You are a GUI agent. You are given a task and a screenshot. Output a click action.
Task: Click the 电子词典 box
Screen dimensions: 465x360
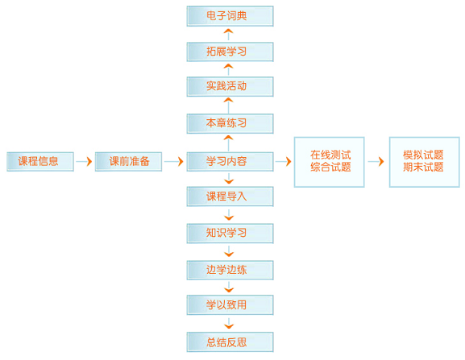pyautogui.click(x=230, y=16)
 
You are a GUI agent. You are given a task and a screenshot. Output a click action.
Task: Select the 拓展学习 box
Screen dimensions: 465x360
pyautogui.click(x=230, y=52)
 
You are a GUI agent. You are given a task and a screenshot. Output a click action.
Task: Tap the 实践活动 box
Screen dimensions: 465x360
pyautogui.click(x=230, y=86)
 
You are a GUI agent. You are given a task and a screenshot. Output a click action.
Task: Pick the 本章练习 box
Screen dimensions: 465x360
pyautogui.click(x=230, y=123)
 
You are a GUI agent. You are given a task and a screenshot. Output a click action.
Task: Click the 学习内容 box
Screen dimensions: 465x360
pyautogui.click(x=230, y=162)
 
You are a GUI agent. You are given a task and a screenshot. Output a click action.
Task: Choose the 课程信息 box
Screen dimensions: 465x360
pyautogui.click(x=40, y=162)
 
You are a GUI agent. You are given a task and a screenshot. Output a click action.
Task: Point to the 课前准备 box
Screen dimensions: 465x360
pyautogui.click(x=128, y=162)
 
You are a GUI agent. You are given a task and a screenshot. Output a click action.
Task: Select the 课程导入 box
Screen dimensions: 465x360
pyautogui.click(x=230, y=197)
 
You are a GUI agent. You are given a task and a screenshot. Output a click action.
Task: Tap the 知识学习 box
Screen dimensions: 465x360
pyautogui.click(x=230, y=234)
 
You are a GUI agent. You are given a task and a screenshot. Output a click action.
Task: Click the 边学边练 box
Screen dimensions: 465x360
pyautogui.click(x=230, y=271)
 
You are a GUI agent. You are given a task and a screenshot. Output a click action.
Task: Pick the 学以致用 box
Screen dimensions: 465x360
pyautogui.click(x=230, y=305)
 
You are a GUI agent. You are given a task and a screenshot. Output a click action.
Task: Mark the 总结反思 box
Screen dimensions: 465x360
pyautogui.click(x=230, y=342)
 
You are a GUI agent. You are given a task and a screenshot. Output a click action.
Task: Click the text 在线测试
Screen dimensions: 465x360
pyautogui.click(x=330, y=155)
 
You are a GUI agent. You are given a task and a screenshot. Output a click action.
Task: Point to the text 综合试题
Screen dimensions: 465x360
pyautogui.click(x=330, y=168)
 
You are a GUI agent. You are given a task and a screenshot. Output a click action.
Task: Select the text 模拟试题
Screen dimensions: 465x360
pyautogui.click(x=423, y=155)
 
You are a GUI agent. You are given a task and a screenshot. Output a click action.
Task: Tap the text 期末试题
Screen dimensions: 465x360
pyautogui.click(x=423, y=168)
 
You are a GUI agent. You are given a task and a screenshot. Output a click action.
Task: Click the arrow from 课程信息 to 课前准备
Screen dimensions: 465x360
pyautogui.click(x=84, y=162)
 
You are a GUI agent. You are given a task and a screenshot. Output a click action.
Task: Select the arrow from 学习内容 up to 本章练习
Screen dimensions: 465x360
pyautogui.click(x=228, y=143)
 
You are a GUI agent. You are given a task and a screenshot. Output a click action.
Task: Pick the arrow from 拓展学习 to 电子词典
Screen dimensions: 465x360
pyautogui.click(x=228, y=35)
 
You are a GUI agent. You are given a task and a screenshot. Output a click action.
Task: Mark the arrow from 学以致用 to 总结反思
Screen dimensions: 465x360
pyautogui.click(x=229, y=323)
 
